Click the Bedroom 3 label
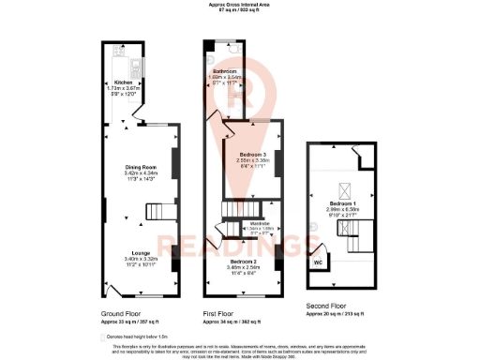253,154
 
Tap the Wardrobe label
260,222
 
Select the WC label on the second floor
319,262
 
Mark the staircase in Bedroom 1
357,232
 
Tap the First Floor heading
221,312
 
